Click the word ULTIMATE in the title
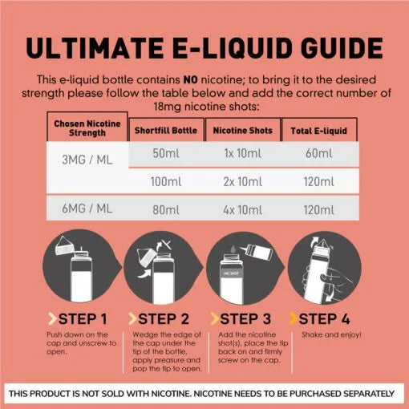coord(95,48)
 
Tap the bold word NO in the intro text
coord(191,79)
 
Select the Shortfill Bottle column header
coord(166,131)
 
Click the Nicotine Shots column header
coord(243,131)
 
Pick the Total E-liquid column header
coord(319,131)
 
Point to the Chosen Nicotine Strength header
coord(87,128)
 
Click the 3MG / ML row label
coord(87,160)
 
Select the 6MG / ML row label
coord(87,209)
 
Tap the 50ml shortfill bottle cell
coord(166,153)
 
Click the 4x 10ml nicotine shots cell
coord(243,210)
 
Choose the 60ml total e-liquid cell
coord(319,153)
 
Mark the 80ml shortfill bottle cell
coord(166,210)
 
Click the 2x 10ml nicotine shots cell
coord(243,182)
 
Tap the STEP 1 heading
coord(83,319)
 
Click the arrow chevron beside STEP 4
coord(293,318)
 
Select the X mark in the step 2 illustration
coord(167,245)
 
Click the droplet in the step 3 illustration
coord(233,249)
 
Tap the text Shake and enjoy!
coord(331,334)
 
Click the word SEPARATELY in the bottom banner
coord(369,394)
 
